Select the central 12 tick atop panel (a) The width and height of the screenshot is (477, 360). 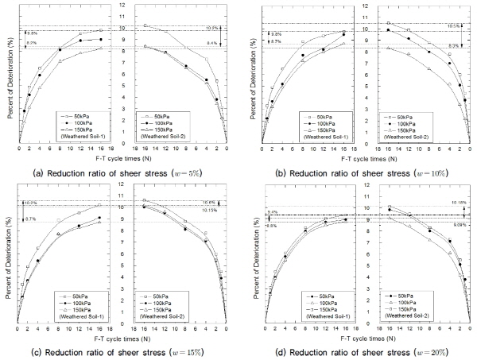[x=122, y=6]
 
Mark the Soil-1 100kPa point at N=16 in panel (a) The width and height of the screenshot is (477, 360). [x=99, y=39]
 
